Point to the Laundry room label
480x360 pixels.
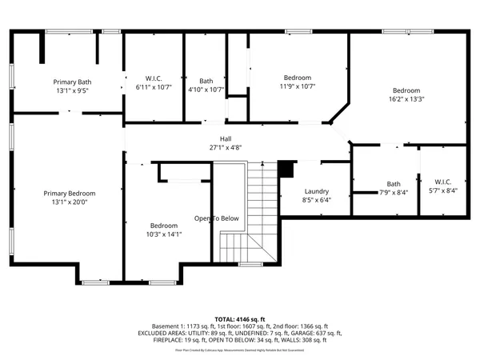tap(317, 191)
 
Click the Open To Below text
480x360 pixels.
tap(217, 218)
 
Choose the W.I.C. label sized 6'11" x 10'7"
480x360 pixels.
tap(154, 78)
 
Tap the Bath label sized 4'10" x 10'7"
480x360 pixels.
tap(206, 80)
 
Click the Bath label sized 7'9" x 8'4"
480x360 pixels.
tap(394, 183)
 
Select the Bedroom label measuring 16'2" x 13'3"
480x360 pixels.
tap(407, 90)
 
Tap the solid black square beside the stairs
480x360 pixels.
tap(286, 169)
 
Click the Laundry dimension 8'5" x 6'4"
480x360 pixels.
tap(317, 200)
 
